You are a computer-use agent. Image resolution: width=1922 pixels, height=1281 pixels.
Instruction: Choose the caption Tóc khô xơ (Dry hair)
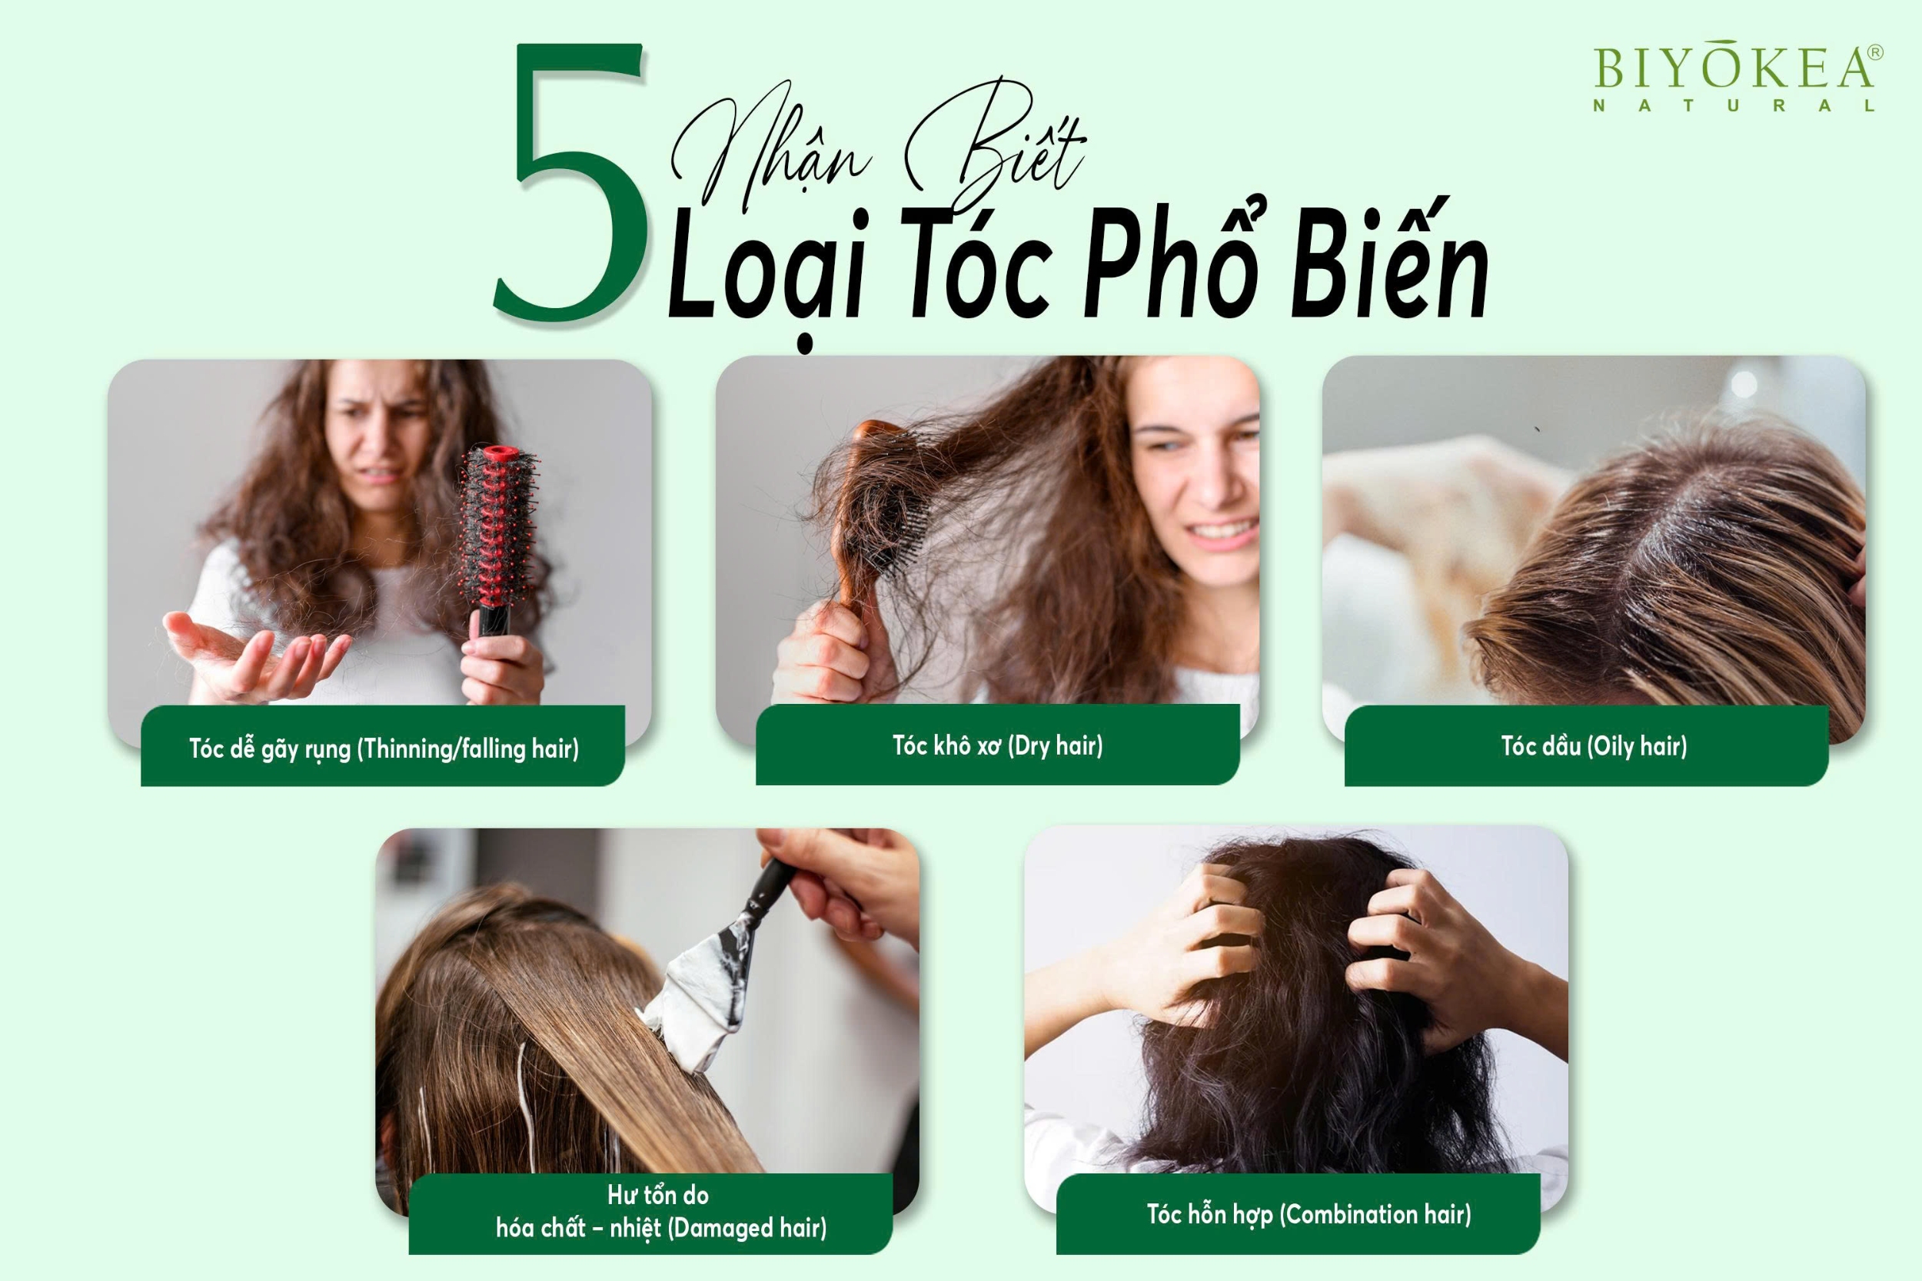point(997,745)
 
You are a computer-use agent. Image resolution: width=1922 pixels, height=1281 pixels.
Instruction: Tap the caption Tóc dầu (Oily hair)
point(1594,746)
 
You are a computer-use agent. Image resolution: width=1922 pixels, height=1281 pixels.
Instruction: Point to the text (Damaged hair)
point(747,1228)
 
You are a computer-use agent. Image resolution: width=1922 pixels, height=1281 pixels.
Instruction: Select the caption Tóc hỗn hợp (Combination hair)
point(1308,1214)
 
